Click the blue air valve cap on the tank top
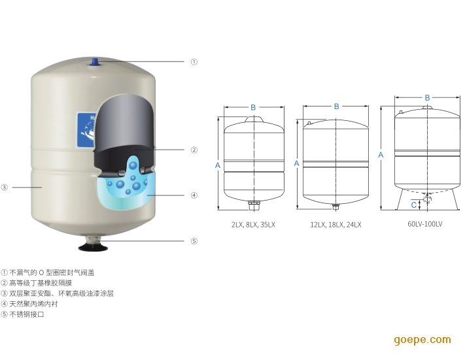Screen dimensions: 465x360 pos(95,62)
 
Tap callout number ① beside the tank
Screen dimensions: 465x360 pos(194,62)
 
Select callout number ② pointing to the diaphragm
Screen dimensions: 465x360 pos(194,150)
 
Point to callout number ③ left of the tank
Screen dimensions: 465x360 pos(4,188)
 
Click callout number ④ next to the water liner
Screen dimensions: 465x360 pos(194,195)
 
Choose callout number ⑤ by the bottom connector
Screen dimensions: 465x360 pos(194,241)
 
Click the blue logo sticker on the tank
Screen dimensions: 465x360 pos(86,130)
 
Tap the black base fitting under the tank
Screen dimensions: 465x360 pos(93,247)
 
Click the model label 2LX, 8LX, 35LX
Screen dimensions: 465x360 pos(253,225)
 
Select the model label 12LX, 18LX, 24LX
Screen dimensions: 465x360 pos(336,225)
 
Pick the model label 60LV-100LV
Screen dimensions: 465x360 pos(425,224)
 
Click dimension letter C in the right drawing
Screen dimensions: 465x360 pos(414,205)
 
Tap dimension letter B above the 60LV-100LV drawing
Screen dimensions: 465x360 pos(427,98)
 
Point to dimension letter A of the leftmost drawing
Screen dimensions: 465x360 pos(218,165)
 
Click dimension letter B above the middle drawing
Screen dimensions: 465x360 pos(336,106)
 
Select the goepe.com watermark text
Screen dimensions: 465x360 pos(422,340)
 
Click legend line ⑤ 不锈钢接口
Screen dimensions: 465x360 pos(22,314)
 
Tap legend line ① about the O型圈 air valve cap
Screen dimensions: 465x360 pos(48,272)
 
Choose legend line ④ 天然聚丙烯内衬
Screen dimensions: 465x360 pos(29,304)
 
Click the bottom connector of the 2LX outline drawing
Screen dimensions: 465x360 pos(254,205)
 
